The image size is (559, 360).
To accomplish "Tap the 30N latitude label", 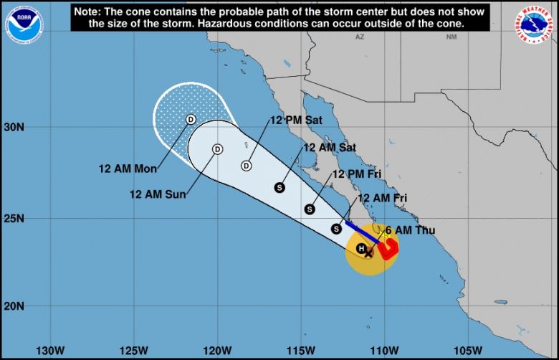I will (x=15, y=127).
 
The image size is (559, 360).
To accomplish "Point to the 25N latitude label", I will (x=15, y=218).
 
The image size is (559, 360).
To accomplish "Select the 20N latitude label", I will (x=15, y=306).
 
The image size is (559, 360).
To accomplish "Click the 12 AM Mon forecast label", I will (x=128, y=169).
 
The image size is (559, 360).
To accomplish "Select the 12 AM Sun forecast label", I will (x=157, y=193).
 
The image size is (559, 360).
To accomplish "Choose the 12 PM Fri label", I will (x=356, y=174).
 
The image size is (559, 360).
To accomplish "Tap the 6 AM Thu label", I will (x=409, y=230).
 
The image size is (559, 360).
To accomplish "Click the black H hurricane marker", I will (x=362, y=248).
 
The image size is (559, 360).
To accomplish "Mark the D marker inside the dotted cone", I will (x=191, y=119).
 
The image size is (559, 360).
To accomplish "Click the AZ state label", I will (x=360, y=36).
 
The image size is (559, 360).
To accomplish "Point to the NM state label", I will (x=451, y=36).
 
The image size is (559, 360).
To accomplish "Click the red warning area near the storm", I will (x=388, y=249).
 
